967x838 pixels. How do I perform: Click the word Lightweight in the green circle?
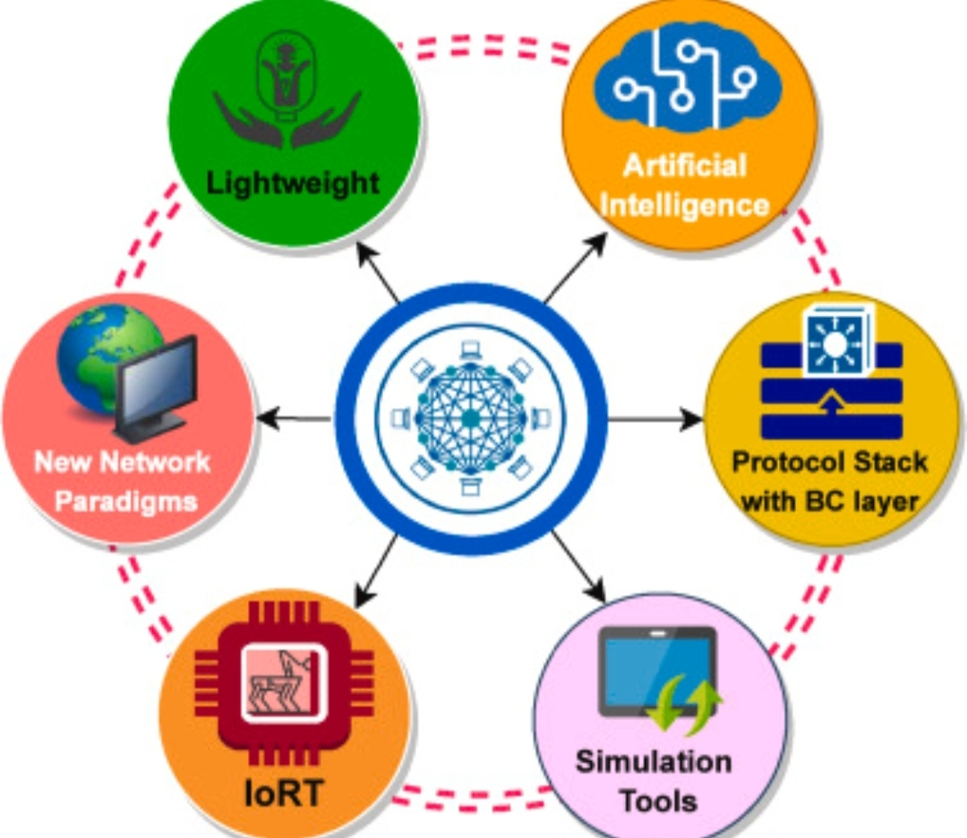293,184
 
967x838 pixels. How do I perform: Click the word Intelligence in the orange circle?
685,205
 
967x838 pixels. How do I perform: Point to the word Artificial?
685,166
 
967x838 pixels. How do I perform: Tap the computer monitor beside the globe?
158,387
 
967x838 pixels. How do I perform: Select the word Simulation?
653,762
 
